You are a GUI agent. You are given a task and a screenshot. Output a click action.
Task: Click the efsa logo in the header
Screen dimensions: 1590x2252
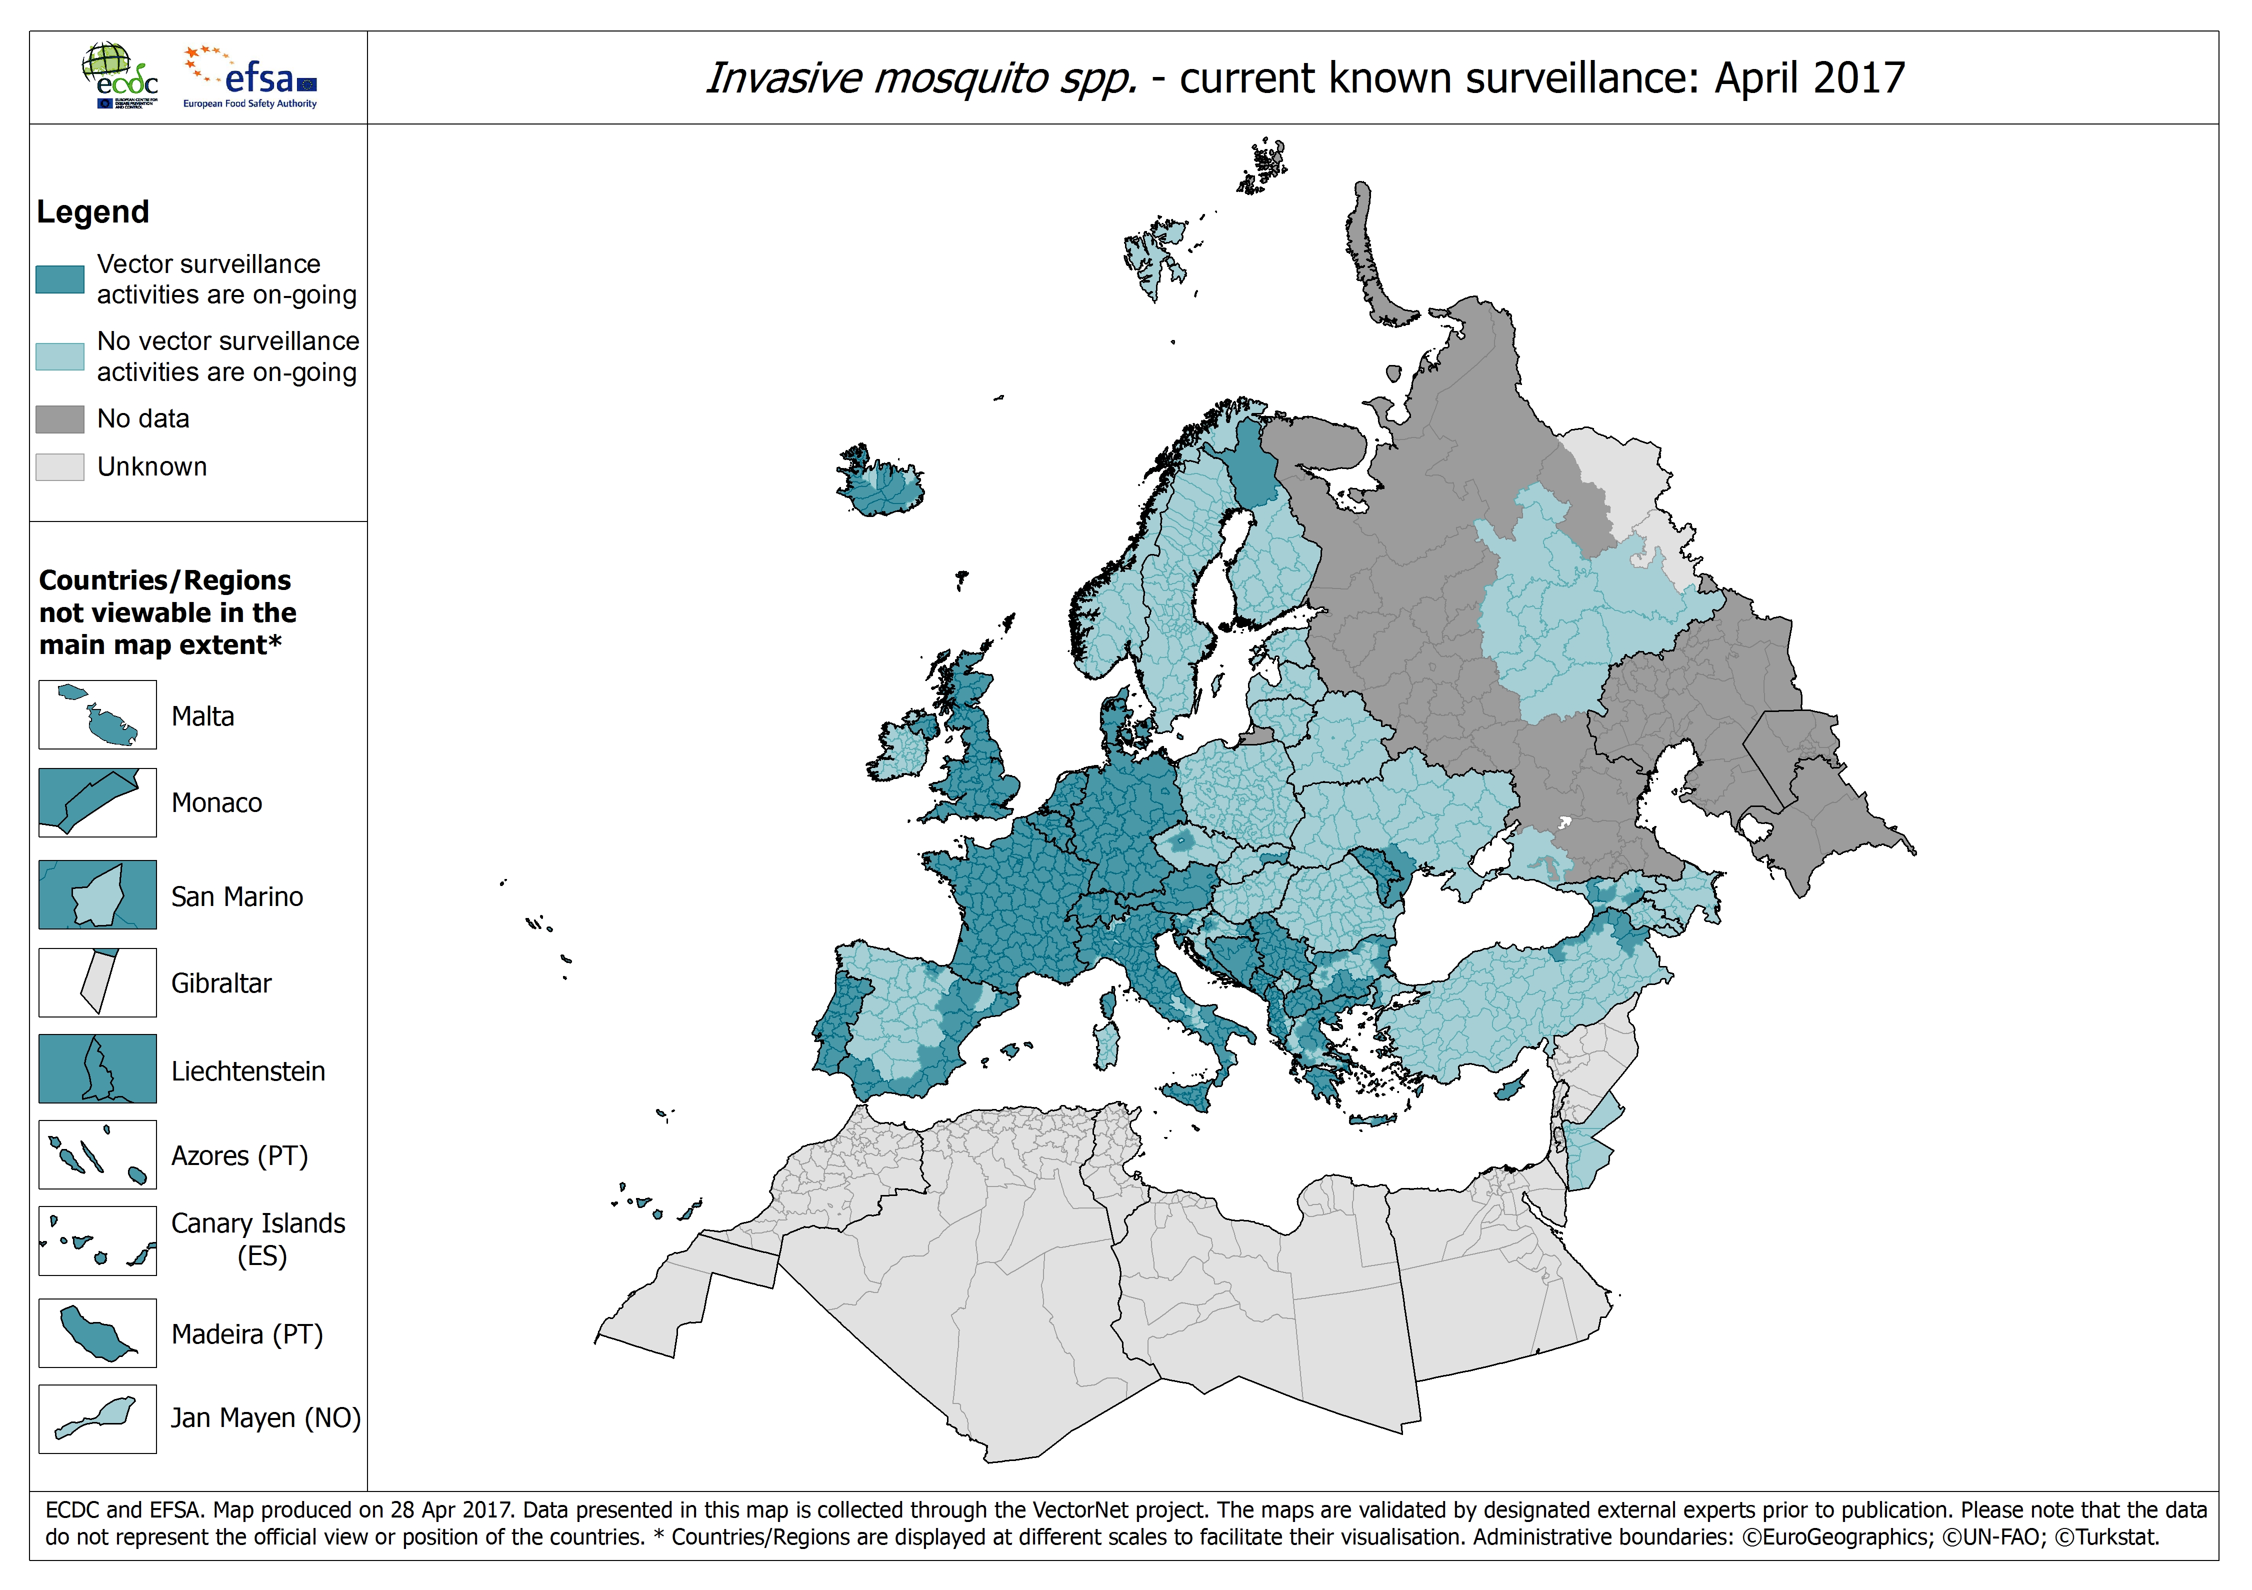pos(251,76)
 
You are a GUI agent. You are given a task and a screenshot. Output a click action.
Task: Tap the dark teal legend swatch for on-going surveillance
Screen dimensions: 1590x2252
pos(60,279)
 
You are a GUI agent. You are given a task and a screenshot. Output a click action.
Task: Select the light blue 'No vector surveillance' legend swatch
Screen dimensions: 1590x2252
pos(60,356)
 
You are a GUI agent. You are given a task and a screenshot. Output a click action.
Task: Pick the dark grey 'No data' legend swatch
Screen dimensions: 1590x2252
pos(60,419)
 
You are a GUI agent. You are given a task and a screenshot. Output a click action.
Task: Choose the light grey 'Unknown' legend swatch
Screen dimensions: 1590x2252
pos(60,467)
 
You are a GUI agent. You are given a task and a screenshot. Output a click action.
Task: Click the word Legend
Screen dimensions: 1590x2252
pos(93,212)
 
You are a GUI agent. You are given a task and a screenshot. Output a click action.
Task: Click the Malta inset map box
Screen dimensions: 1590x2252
pos(97,715)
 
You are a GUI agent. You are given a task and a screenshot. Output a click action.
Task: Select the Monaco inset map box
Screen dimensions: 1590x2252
pos(97,802)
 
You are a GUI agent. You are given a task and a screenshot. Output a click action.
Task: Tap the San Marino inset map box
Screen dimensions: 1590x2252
pos(97,894)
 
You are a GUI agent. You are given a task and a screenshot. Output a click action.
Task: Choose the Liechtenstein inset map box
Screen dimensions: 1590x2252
pos(97,1069)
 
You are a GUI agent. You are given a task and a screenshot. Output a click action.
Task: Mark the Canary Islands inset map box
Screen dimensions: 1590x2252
pos(97,1241)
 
